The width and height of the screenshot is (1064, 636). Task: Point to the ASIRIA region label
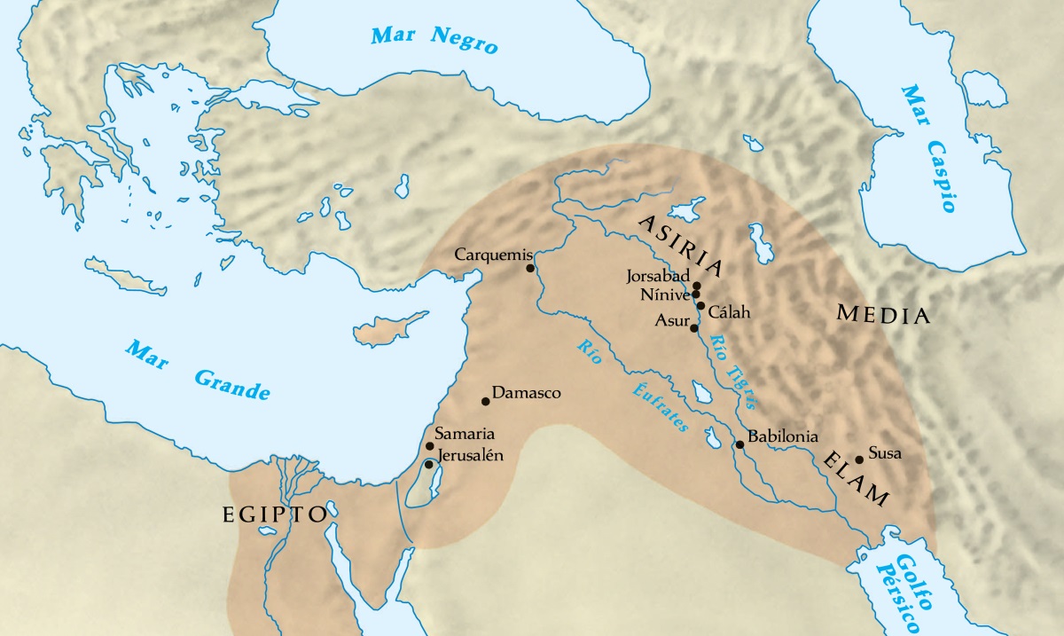pyautogui.click(x=682, y=244)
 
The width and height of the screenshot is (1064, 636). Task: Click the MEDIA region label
pyautogui.click(x=883, y=315)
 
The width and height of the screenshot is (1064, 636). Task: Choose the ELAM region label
pyautogui.click(x=855, y=479)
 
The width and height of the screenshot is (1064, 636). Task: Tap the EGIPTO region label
pyautogui.click(x=274, y=515)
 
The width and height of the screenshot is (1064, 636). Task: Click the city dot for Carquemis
pyautogui.click(x=530, y=268)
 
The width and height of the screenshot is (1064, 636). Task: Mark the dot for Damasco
pyautogui.click(x=485, y=401)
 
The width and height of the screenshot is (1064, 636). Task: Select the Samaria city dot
pyautogui.click(x=429, y=446)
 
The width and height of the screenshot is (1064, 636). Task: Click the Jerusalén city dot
pyautogui.click(x=428, y=464)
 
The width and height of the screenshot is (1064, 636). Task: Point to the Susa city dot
pyautogui.click(x=858, y=459)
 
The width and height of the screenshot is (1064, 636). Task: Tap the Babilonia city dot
pyautogui.click(x=739, y=444)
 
